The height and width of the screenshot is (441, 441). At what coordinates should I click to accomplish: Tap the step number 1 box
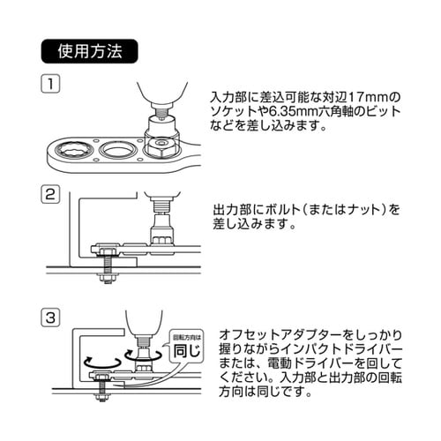point(51,86)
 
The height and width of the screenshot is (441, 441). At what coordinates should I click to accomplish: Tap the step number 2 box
point(51,195)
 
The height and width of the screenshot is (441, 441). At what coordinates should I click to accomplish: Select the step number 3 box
point(51,315)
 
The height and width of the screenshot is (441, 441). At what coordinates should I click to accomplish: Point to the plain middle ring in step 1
point(118,149)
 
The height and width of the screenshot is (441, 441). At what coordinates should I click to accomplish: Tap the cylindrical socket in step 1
point(161,122)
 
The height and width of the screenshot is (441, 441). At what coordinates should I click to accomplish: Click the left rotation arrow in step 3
point(99,361)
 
